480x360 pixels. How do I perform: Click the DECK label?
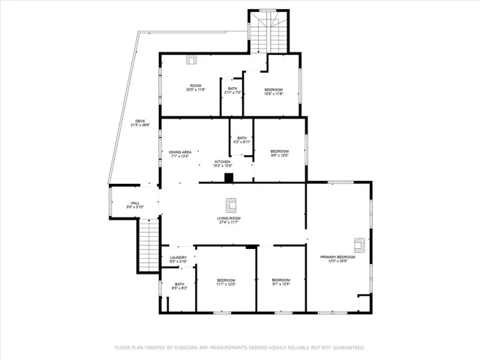(x=140, y=121)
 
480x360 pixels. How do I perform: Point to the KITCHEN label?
(x=223, y=162)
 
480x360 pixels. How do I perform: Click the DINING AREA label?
(x=180, y=152)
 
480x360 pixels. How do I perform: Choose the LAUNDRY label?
(x=178, y=258)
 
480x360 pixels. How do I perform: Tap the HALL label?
(x=135, y=203)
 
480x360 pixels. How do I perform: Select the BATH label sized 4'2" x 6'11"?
(x=241, y=138)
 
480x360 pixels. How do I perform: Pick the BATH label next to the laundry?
(x=180, y=284)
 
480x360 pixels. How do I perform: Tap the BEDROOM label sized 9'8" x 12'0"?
(x=279, y=151)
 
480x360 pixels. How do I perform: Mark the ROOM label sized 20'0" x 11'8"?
(x=195, y=86)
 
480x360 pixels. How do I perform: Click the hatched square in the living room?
(x=232, y=203)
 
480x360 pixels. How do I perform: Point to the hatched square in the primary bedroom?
(x=359, y=243)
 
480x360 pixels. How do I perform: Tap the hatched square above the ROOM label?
(x=191, y=60)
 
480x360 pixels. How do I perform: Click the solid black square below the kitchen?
(x=229, y=178)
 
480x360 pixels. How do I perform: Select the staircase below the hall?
(x=147, y=243)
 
